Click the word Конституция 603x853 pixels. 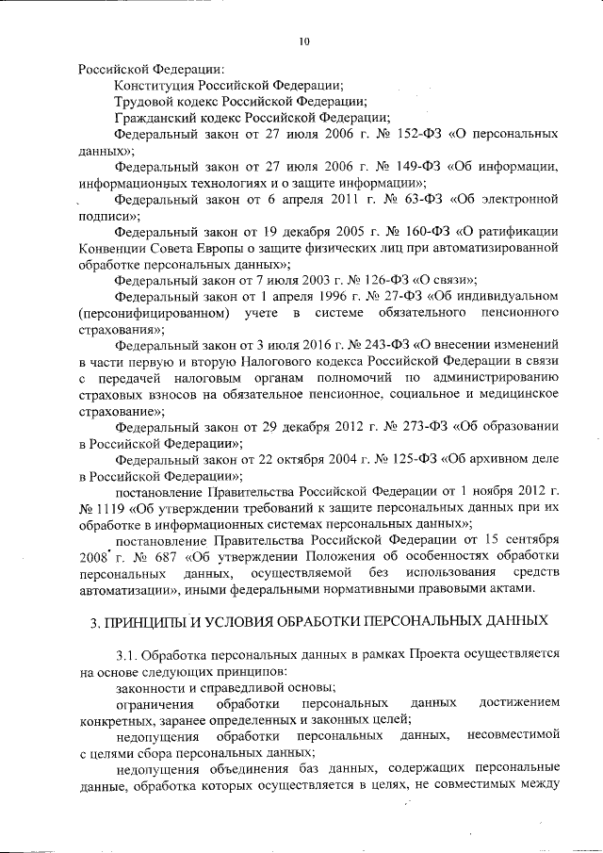(x=153, y=85)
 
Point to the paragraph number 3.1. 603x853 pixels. (x=125, y=655)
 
